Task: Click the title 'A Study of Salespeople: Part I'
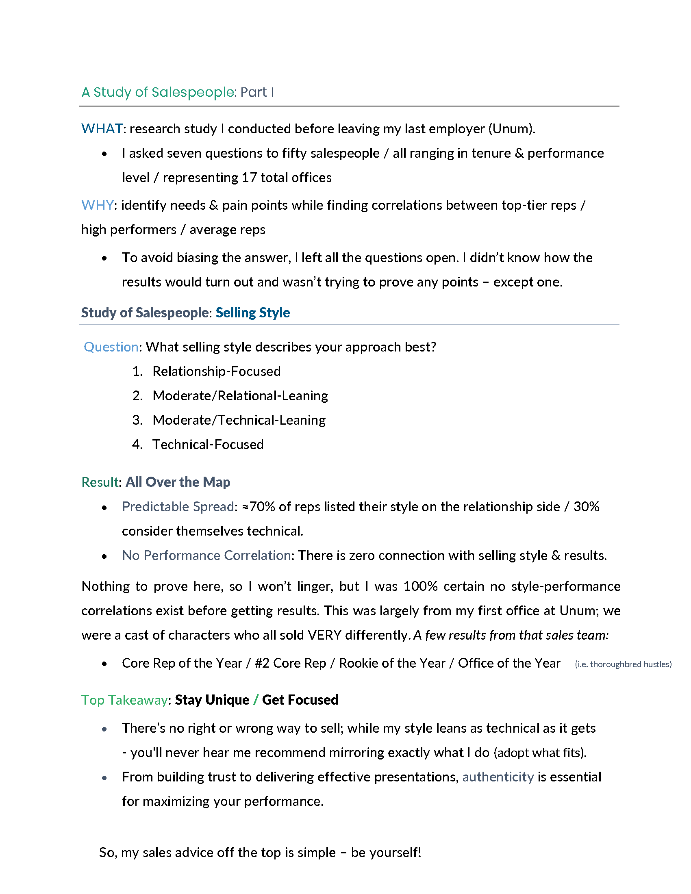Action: coord(178,92)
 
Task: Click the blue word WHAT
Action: coord(102,129)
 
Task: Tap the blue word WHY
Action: coord(97,205)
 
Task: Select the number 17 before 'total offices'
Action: coord(249,178)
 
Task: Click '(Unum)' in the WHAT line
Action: coord(511,129)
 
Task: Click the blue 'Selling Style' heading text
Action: coord(252,313)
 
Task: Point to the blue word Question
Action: coord(111,347)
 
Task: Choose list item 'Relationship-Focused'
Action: coord(216,371)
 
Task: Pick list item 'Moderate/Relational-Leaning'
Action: coord(240,396)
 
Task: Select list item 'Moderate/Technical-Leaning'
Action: coord(239,420)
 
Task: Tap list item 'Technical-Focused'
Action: coord(208,445)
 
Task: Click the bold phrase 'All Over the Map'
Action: coord(178,482)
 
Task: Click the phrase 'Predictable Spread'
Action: coord(178,507)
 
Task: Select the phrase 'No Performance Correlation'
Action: coord(206,555)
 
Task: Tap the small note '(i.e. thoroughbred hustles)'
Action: coord(623,664)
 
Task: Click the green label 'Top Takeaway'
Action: coord(124,700)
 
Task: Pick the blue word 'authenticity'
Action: coord(498,777)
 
